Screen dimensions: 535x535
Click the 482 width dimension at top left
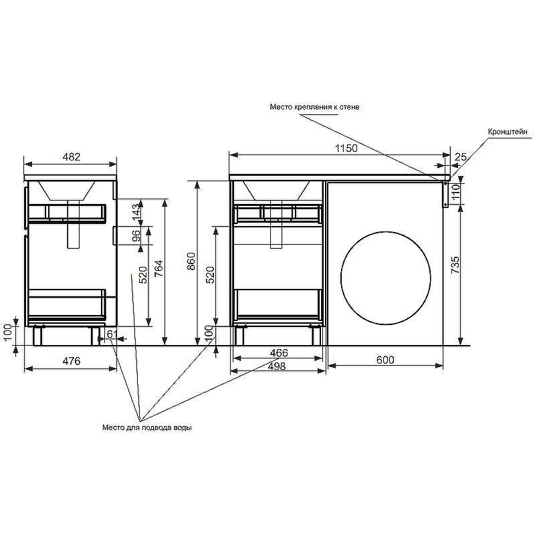[x=72, y=157]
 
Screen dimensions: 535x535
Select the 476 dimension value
[x=72, y=361]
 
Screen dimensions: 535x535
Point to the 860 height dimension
[x=191, y=261]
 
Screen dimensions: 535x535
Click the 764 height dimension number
[x=158, y=267]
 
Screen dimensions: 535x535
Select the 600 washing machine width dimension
[x=385, y=360]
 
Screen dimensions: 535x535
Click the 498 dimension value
[x=276, y=366]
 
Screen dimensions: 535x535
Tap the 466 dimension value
[x=279, y=353]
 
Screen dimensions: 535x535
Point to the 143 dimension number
[x=136, y=212]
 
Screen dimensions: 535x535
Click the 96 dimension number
[x=136, y=237]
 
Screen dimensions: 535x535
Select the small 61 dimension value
[x=112, y=333]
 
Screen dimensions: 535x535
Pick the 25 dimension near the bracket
[x=460, y=157]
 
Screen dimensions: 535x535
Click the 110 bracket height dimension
[x=455, y=193]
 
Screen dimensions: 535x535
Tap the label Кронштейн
[x=508, y=132]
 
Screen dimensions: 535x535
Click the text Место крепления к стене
[x=314, y=107]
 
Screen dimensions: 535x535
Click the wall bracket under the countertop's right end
[x=445, y=194]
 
